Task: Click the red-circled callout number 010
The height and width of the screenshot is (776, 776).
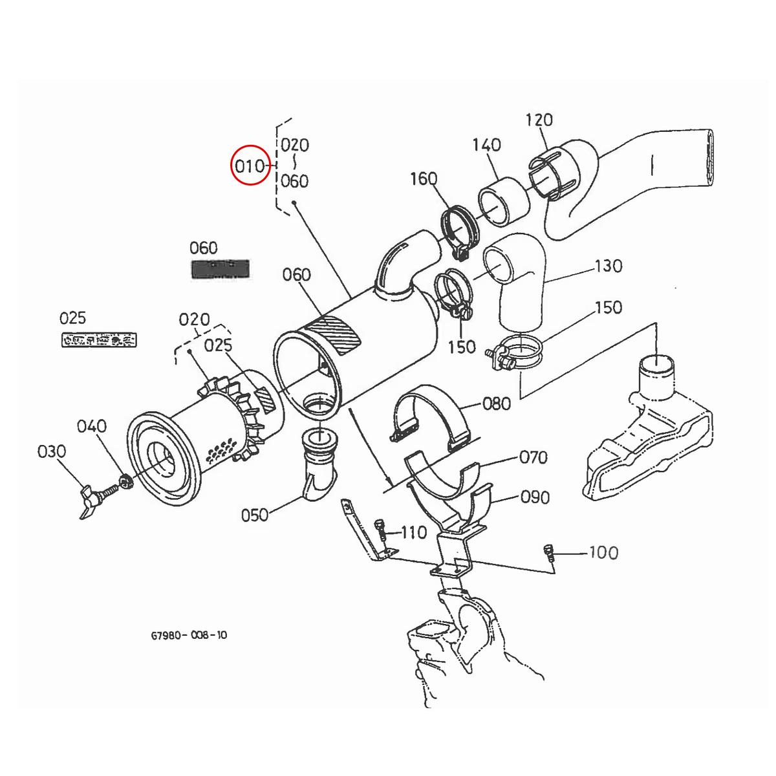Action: coord(250,166)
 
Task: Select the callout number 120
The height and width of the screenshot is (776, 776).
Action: coord(539,120)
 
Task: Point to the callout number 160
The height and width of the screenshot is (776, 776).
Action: coord(424,178)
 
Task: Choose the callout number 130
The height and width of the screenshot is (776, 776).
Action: coord(608,266)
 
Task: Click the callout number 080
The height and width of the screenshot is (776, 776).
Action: coord(497,404)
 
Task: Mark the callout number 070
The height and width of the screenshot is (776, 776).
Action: coord(533,457)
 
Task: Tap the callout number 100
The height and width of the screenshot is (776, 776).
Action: coord(603,552)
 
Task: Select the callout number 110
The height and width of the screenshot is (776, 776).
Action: coord(414,532)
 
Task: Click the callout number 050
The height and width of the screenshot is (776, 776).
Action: coord(255,515)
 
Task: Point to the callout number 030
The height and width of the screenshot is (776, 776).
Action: coord(52,451)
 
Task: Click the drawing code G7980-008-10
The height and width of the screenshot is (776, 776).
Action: coord(189,635)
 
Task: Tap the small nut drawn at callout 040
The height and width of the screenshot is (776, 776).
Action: coord(126,481)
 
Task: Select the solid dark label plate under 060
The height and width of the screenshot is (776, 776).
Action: coord(220,268)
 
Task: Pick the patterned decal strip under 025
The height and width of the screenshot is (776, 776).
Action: coord(98,339)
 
